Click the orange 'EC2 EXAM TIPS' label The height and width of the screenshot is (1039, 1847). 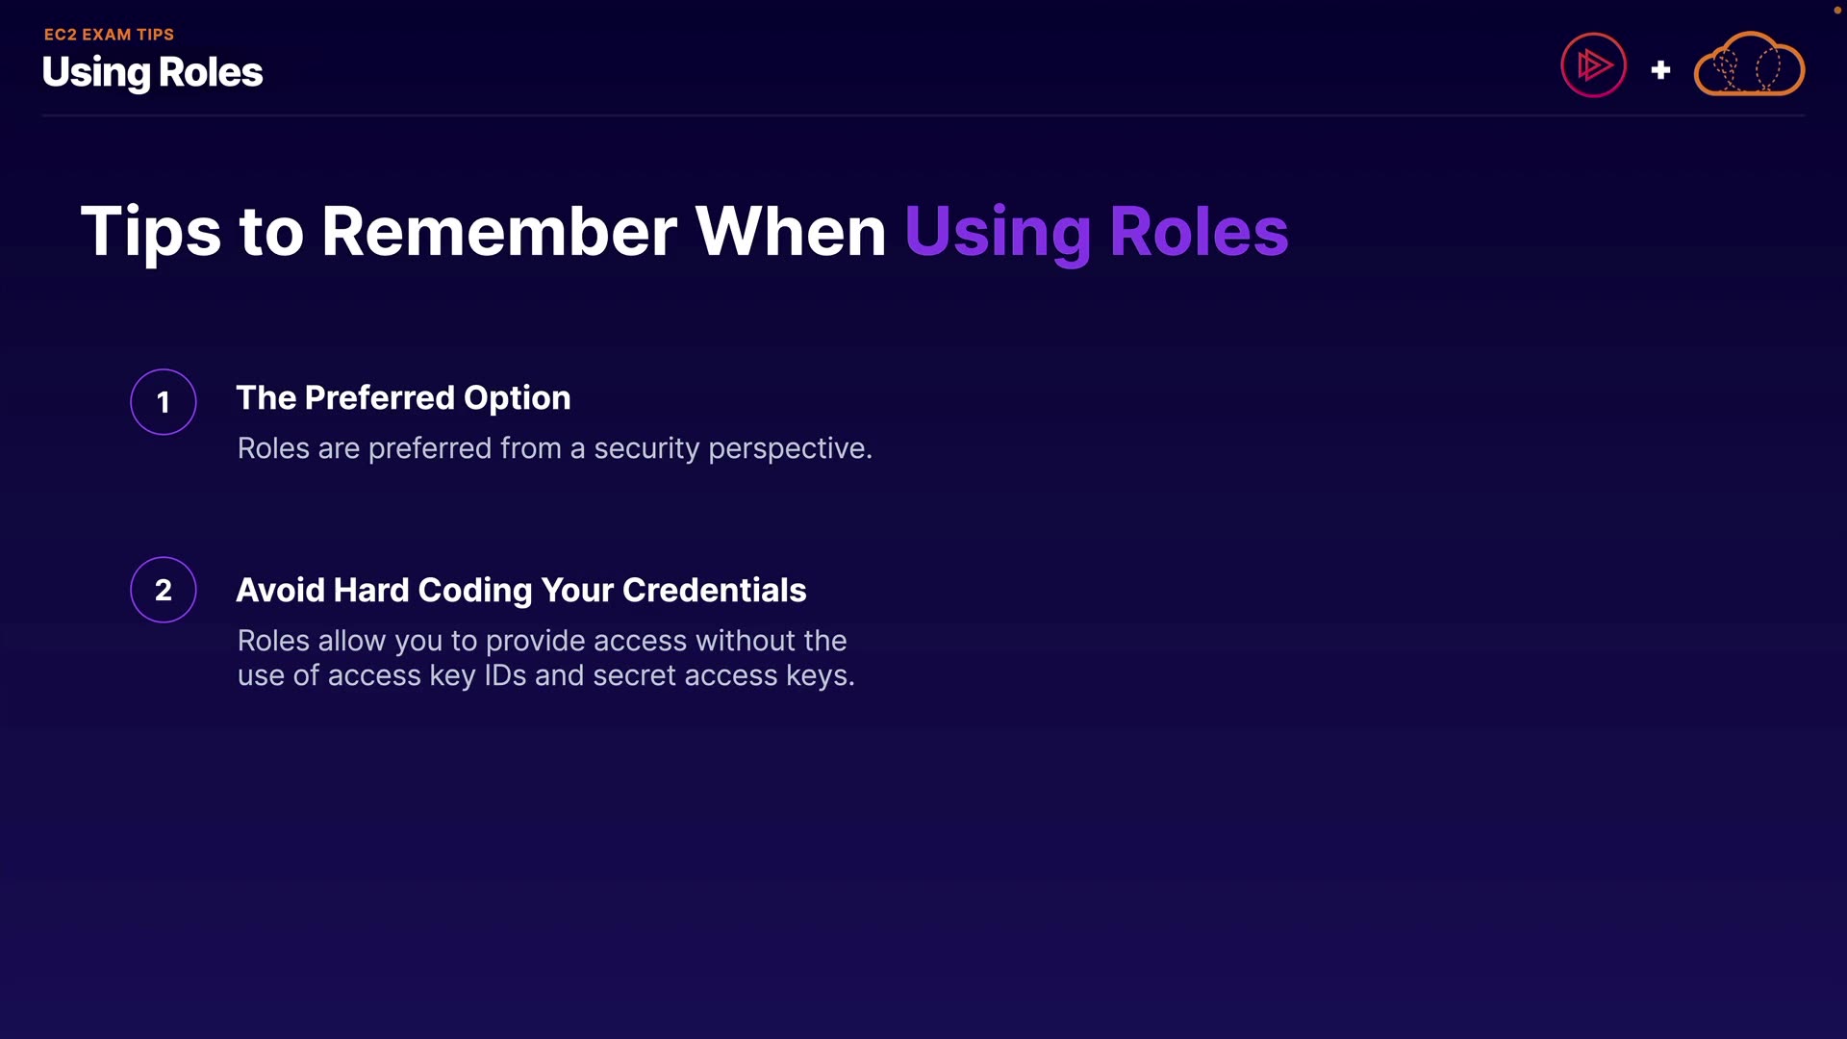[x=109, y=35]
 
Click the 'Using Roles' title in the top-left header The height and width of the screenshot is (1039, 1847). [x=152, y=72]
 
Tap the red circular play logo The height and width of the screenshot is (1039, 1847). [x=1593, y=65]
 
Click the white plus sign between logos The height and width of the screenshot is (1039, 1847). [x=1660, y=70]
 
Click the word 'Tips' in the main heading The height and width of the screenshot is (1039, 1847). [x=151, y=233]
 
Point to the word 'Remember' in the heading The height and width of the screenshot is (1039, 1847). [x=499, y=231]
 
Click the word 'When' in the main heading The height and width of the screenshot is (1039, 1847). [x=791, y=231]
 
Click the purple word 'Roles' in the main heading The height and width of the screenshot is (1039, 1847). [x=1199, y=231]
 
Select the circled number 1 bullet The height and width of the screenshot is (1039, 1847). [x=164, y=402]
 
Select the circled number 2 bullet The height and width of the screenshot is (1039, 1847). [x=164, y=590]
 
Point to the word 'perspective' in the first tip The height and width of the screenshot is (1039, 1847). [x=788, y=450]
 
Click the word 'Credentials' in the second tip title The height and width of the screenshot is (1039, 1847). [x=714, y=590]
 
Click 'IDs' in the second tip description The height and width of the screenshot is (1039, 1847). [x=505, y=675]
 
